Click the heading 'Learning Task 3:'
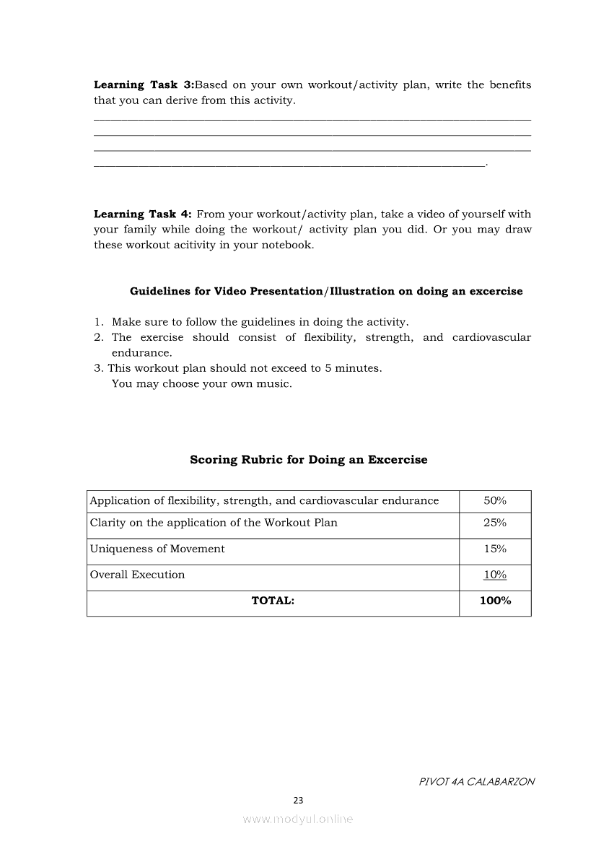pos(144,84)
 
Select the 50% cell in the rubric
pos(494,500)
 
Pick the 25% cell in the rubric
pos(494,523)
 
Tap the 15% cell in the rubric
pos(494,549)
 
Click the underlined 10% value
pos(494,575)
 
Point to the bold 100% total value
pos(495,601)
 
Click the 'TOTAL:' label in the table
pos(273,601)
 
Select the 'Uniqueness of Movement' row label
pos(157,549)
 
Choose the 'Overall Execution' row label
pos(137,575)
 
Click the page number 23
pos(298,800)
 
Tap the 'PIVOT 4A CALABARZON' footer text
pos(476,781)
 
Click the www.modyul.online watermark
pos(298,819)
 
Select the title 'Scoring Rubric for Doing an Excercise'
pos(308,460)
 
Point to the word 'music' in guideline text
pos(275,384)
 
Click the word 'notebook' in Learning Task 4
pos(288,245)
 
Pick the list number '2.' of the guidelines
pos(99,338)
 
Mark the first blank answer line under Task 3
pos(312,119)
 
